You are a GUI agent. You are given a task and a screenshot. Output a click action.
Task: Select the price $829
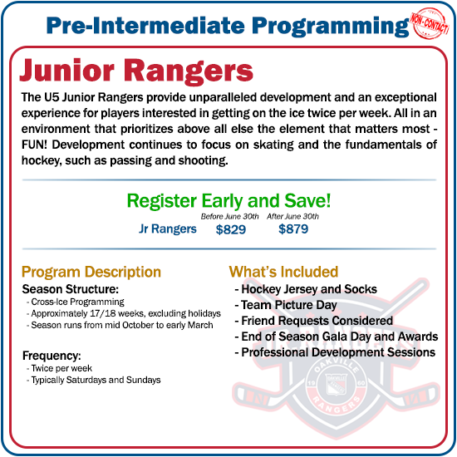coord(230,229)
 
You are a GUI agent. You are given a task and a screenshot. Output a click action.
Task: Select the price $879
coord(293,229)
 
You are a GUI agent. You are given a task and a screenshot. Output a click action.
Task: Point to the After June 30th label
coord(293,216)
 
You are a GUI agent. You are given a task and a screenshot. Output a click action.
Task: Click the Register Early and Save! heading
coord(228,200)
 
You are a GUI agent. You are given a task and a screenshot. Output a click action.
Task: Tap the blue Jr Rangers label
coord(168,228)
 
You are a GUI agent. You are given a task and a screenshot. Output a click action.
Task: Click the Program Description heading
coord(91,272)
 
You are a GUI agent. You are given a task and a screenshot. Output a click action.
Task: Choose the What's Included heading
coord(283,272)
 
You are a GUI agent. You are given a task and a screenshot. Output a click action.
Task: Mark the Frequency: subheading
coord(52,356)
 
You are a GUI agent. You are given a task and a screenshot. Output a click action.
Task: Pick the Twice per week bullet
coord(62,368)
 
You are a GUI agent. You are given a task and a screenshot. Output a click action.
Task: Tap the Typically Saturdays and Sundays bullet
coord(96,380)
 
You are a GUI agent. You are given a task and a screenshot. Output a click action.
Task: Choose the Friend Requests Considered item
coord(317,321)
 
